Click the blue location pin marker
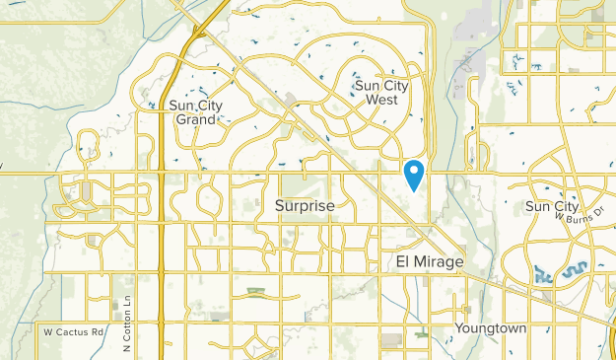(x=415, y=175)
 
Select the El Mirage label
(x=429, y=262)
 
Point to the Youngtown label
(x=491, y=327)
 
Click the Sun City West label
(x=381, y=92)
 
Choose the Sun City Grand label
(x=192, y=111)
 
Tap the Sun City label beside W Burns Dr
(x=551, y=206)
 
